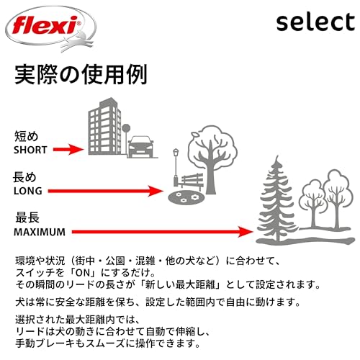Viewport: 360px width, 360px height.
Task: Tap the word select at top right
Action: (315, 22)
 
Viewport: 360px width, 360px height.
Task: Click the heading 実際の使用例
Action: (81, 74)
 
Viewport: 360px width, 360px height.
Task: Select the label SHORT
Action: (30, 150)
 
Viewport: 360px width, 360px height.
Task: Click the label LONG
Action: (28, 191)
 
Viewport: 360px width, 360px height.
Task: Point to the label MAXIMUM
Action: (40, 232)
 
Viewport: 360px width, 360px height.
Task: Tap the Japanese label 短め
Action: (27, 136)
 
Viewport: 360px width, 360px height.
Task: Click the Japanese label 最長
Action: (27, 218)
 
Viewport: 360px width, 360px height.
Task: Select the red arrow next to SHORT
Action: (68, 150)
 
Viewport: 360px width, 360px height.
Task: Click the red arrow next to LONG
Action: (106, 191)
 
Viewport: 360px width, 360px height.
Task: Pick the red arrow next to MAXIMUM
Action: (163, 232)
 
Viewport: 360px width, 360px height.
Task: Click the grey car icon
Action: (140, 147)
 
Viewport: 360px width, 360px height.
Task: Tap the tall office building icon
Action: (104, 126)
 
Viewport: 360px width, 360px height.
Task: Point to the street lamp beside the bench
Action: (176, 167)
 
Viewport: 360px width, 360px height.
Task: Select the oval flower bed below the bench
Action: (186, 198)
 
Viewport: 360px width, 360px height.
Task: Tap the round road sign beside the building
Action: (126, 128)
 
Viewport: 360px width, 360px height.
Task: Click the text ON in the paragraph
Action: (83, 273)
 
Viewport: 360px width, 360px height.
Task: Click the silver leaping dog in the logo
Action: (77, 41)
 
